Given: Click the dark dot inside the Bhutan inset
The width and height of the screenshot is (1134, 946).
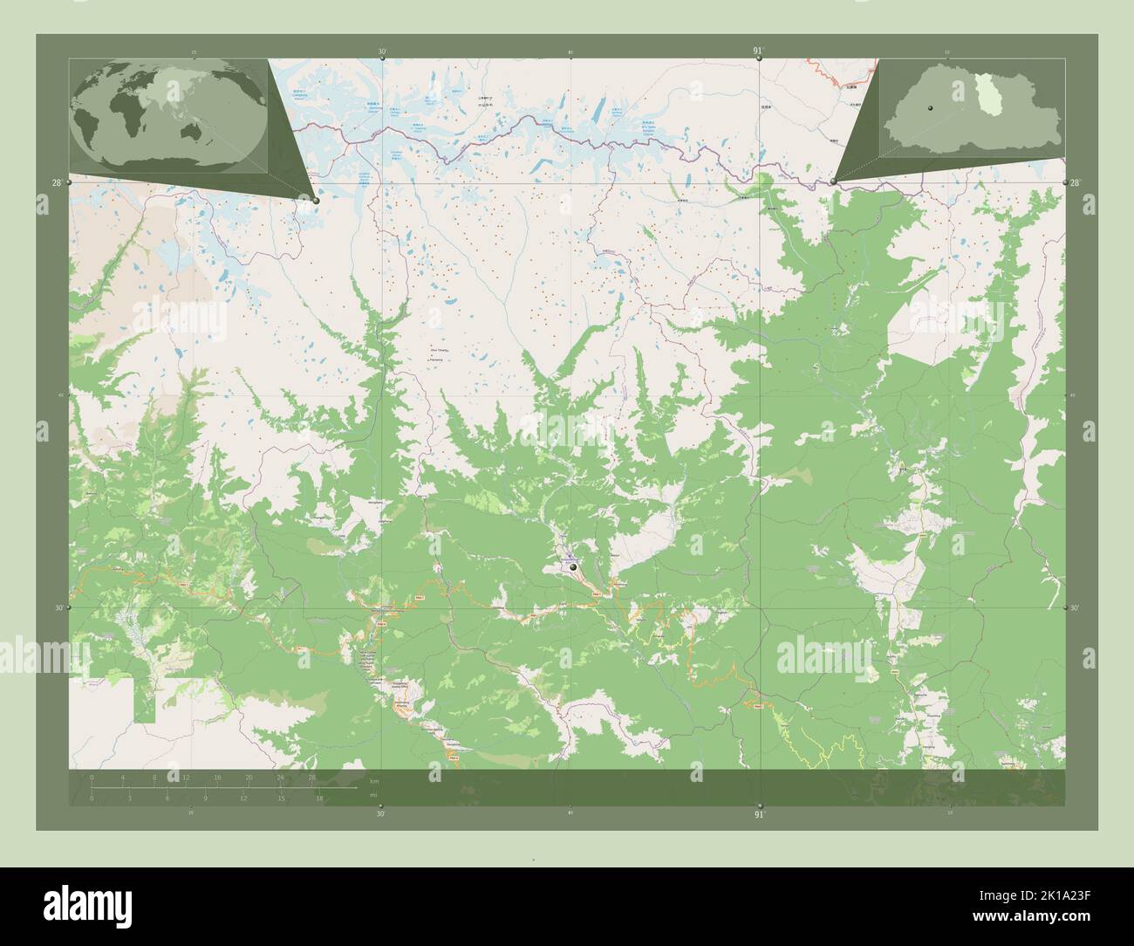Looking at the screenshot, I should (932, 107).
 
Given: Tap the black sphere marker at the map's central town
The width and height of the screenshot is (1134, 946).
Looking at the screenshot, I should (573, 568).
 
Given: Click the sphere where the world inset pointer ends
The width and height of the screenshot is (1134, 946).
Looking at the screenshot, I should (316, 201).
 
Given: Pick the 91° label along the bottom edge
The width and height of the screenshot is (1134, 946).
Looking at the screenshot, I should (759, 814).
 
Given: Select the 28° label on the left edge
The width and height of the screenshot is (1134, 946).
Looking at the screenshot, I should (57, 182).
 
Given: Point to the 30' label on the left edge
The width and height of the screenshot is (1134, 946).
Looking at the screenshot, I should (57, 607).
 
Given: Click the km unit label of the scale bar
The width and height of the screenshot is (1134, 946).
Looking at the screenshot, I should (374, 780).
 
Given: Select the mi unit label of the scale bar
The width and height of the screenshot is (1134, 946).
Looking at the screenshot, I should (373, 796).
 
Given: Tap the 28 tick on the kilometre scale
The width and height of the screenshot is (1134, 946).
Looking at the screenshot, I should (311, 777).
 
